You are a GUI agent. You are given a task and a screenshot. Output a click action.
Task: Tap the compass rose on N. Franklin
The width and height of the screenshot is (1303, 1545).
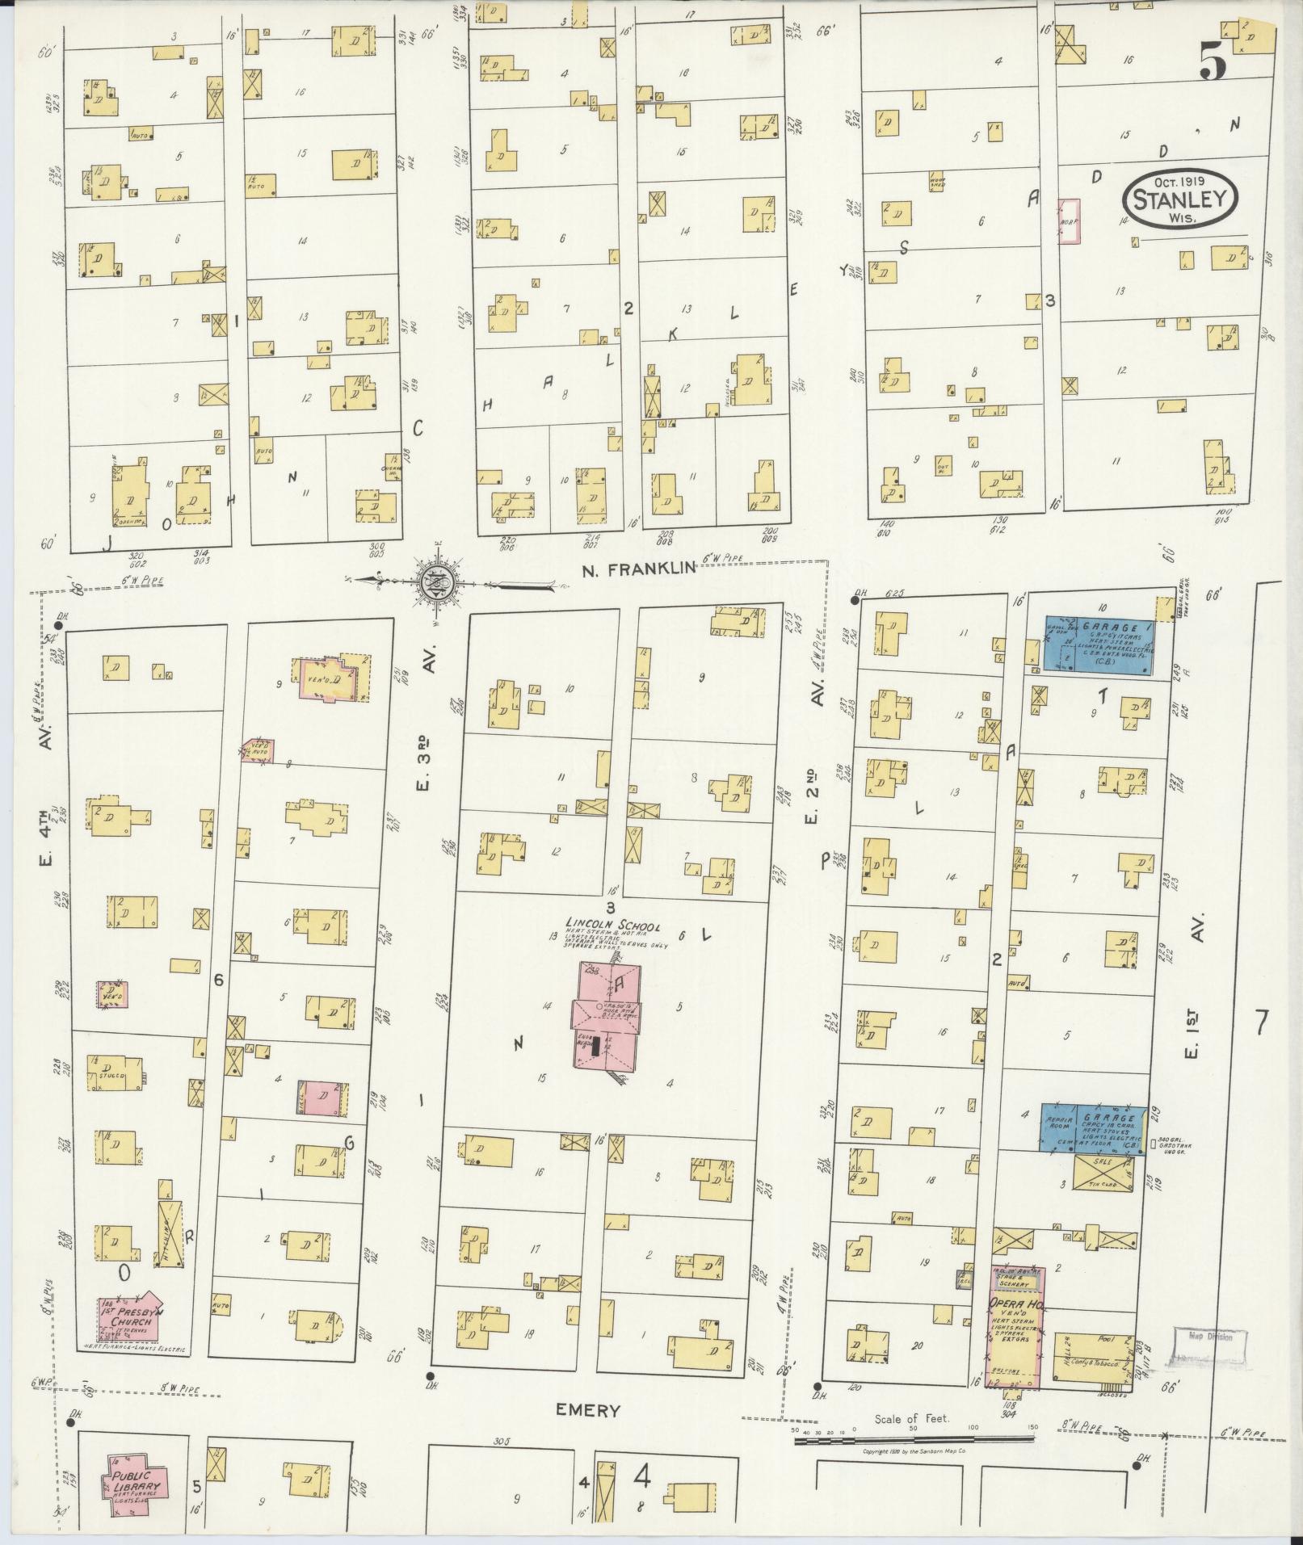(x=435, y=580)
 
